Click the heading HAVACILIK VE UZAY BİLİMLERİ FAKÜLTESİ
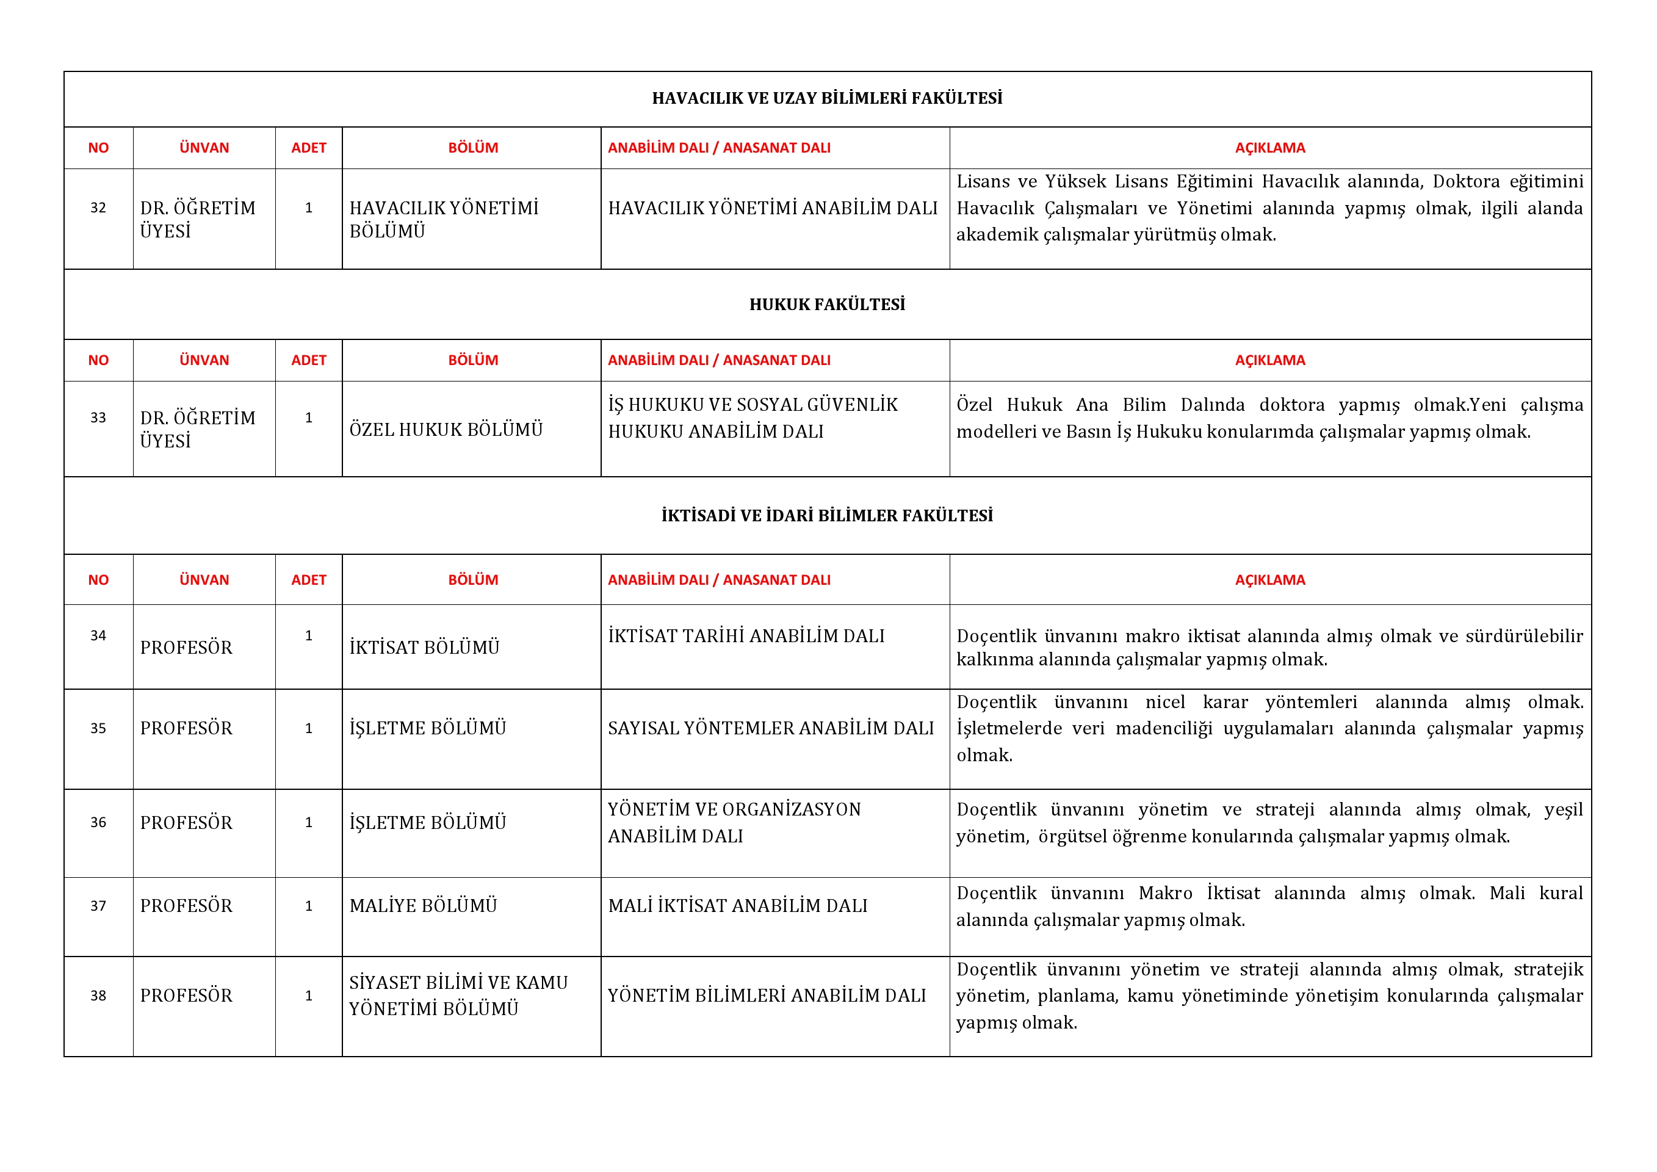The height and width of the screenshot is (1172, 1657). click(x=827, y=98)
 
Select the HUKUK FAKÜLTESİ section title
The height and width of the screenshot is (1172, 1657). click(x=827, y=305)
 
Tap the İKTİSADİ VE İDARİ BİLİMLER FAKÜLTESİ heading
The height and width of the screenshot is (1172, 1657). click(x=827, y=515)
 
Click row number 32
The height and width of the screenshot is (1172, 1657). click(x=98, y=208)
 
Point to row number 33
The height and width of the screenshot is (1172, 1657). click(x=98, y=418)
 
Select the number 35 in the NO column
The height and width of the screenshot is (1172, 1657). click(x=98, y=728)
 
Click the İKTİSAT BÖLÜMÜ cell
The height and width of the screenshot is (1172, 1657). click(x=424, y=647)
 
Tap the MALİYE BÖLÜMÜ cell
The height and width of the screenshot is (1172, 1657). click(x=424, y=906)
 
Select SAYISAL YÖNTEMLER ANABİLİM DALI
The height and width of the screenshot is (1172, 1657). click(x=771, y=728)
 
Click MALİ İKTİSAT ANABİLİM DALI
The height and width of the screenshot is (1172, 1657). click(x=738, y=906)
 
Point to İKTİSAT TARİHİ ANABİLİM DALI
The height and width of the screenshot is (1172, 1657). click(x=746, y=636)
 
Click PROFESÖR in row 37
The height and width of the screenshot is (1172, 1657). click(x=186, y=906)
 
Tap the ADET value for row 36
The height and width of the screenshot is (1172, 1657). click(x=309, y=823)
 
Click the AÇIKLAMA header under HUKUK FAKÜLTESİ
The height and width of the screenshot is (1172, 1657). click(x=1269, y=360)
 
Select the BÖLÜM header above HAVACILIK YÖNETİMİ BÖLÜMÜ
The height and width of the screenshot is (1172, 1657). click(x=473, y=148)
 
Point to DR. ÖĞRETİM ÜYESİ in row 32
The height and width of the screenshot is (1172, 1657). click(x=198, y=219)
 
